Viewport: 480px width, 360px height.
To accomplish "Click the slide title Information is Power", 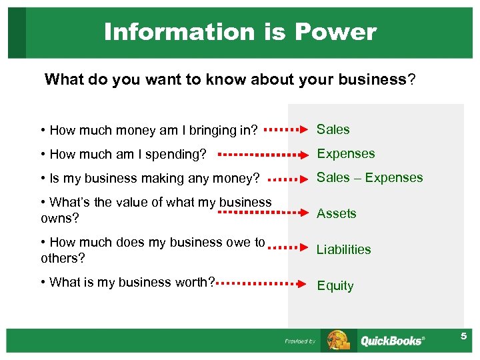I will tap(240, 32).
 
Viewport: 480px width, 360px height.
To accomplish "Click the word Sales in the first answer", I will tap(333, 129).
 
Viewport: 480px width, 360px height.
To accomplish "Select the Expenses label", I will tap(345, 154).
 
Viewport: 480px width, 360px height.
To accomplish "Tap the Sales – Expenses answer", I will tap(369, 178).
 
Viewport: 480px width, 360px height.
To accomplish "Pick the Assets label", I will tap(336, 214).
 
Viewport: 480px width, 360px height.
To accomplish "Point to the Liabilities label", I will tap(343, 250).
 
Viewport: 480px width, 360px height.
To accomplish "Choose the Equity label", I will tap(335, 286).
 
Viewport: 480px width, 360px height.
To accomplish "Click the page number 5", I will tap(463, 337).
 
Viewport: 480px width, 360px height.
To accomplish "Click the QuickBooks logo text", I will tap(391, 341).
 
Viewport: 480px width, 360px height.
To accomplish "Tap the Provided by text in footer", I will tap(300, 341).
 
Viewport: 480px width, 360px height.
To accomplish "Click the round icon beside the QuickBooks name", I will tap(339, 340).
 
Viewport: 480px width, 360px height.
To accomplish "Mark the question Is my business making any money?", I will tap(150, 179).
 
